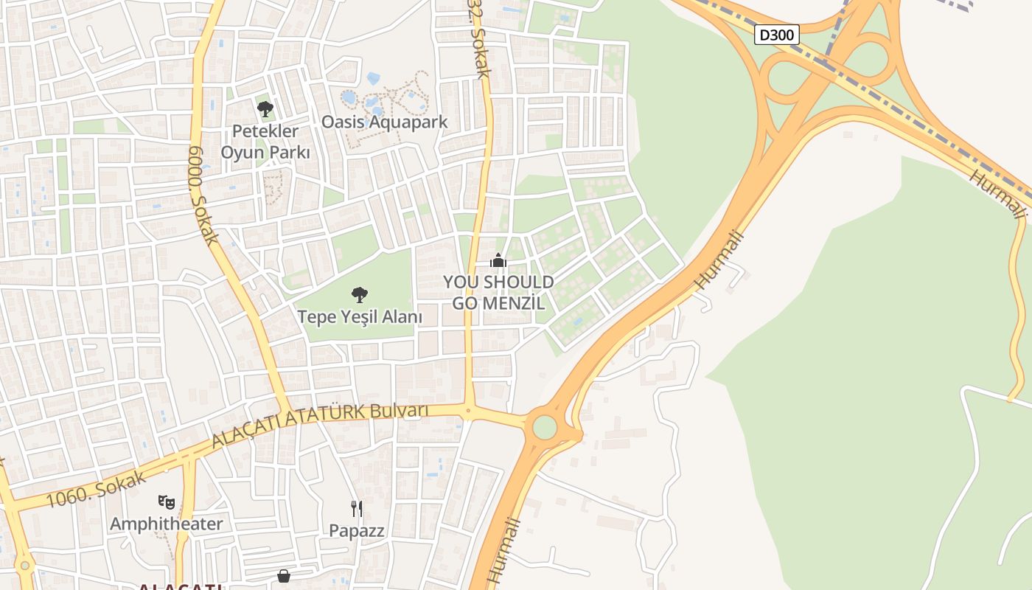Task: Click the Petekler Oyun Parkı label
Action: [x=265, y=142]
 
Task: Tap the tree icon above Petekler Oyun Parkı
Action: [x=265, y=109]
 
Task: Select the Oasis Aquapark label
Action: [x=384, y=122]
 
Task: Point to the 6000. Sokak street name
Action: [x=203, y=195]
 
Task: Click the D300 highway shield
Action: [x=776, y=35]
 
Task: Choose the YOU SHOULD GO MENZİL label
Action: [x=498, y=292]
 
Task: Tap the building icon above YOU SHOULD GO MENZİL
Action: [x=498, y=260]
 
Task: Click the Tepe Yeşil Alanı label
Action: [x=360, y=317]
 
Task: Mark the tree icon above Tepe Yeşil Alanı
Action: [x=360, y=295]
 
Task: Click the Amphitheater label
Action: [x=167, y=524]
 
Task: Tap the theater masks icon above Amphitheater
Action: [x=167, y=502]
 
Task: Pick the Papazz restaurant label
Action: [x=357, y=530]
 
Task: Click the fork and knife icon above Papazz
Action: [x=357, y=508]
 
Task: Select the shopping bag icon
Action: [x=284, y=576]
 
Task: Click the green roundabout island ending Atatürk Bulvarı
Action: [x=544, y=427]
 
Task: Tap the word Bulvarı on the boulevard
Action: [x=400, y=410]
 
